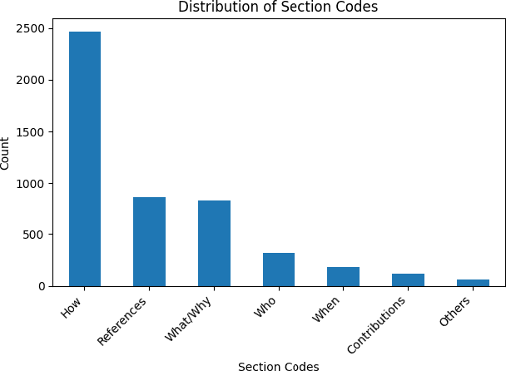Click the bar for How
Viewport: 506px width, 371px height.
pyautogui.click(x=85, y=159)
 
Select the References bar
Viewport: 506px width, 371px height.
pyautogui.click(x=149, y=241)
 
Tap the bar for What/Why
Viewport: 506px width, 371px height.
pyautogui.click(x=214, y=243)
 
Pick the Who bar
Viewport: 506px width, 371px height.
pyautogui.click(x=279, y=270)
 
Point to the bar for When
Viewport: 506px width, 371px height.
pyautogui.click(x=343, y=276)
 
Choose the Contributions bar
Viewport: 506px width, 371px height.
pyautogui.click(x=408, y=279)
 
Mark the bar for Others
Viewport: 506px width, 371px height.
pyautogui.click(x=473, y=283)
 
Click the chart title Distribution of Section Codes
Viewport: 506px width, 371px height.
pyautogui.click(x=279, y=8)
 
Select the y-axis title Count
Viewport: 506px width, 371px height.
pyautogui.click(x=7, y=152)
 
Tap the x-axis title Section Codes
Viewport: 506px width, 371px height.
pyautogui.click(x=279, y=365)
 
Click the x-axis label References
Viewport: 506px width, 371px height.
pyautogui.click(x=122, y=320)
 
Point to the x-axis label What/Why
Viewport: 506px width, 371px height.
pyautogui.click(x=189, y=318)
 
